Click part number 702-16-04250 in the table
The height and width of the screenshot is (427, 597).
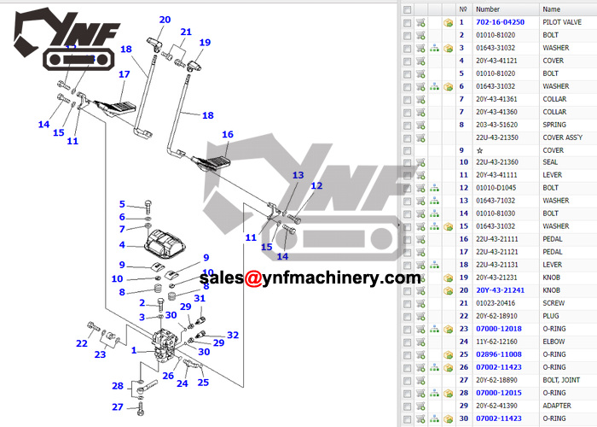tap(500, 22)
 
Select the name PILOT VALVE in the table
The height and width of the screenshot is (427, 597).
tap(562, 22)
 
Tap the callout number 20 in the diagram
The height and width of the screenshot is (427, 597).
tap(165, 20)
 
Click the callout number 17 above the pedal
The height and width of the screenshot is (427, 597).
tap(125, 74)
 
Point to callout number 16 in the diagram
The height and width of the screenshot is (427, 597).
tap(228, 134)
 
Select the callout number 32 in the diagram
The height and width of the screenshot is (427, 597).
tap(233, 335)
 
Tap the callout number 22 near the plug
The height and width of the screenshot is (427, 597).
tap(82, 343)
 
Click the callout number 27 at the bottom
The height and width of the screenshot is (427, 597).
tap(118, 407)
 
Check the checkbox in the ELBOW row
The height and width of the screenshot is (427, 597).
tap(408, 342)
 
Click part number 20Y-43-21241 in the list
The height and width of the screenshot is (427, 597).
tap(500, 290)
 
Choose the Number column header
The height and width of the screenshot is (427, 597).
tap(488, 9)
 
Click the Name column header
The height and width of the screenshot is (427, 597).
tap(551, 9)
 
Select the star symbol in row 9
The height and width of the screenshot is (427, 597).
tap(479, 150)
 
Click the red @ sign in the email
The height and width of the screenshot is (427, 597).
tap(252, 278)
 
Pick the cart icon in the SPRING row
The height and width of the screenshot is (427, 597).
tap(420, 125)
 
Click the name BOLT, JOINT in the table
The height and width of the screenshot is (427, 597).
tap(561, 380)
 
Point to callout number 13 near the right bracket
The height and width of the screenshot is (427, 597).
tap(298, 175)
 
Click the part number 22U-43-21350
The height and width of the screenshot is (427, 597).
tap(497, 137)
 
